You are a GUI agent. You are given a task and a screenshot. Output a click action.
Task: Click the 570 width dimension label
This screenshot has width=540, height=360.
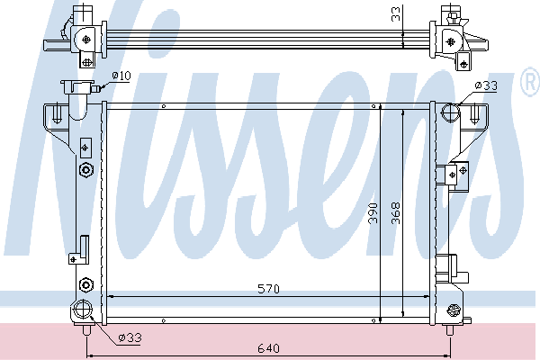point(268,289)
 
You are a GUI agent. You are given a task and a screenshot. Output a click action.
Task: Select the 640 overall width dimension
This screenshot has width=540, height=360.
point(268,348)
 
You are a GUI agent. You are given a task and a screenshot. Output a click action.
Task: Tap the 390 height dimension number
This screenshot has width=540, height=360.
point(373,213)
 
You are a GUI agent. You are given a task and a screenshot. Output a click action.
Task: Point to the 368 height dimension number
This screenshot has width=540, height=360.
point(396,213)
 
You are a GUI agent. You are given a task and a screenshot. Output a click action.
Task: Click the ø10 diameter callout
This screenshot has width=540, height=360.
point(121,76)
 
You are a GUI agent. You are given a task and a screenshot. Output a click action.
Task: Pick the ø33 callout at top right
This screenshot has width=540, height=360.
point(486,85)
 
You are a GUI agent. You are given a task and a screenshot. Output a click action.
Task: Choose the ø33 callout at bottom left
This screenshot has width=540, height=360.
point(130,337)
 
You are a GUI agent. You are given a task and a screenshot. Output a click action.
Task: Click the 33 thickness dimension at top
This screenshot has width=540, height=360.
point(396,13)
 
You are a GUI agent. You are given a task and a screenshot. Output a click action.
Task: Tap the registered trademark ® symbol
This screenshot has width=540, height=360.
point(531,81)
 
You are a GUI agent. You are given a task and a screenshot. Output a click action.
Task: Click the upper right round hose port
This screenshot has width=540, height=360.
point(451,113)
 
